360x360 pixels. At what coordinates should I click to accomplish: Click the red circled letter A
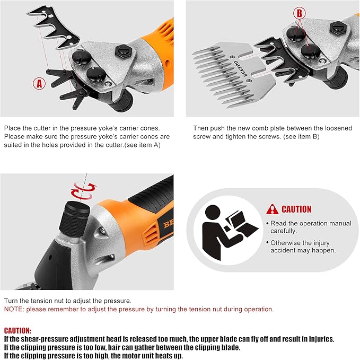[39, 83]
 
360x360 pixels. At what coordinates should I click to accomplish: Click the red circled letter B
[300, 13]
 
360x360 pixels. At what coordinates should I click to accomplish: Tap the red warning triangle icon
[273, 209]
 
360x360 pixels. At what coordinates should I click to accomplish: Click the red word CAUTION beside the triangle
[296, 209]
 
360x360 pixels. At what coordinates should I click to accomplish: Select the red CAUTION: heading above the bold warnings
[17, 331]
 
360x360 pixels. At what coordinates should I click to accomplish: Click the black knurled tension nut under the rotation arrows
[75, 219]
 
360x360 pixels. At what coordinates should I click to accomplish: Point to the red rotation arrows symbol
[83, 190]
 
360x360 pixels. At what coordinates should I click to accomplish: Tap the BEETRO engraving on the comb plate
[241, 68]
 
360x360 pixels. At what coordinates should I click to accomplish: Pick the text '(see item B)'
[301, 137]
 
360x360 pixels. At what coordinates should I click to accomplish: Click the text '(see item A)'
[142, 145]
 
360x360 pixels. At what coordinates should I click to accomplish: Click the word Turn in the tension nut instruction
[11, 301]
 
